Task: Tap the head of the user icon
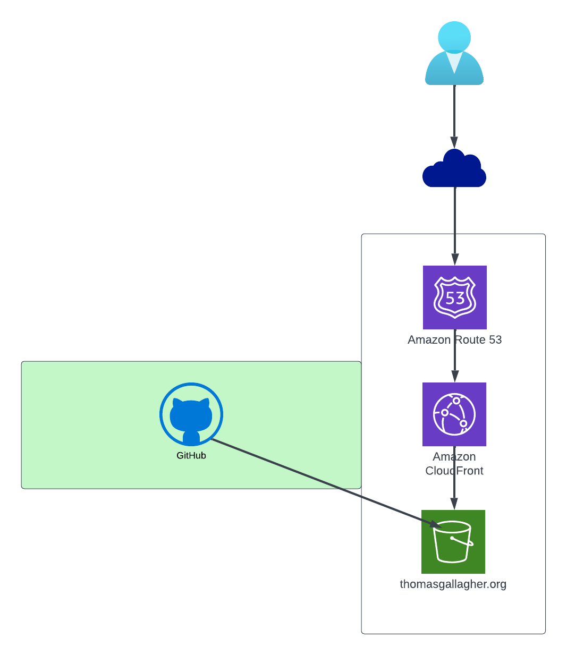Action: [x=454, y=37]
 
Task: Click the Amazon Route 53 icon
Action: [x=455, y=297]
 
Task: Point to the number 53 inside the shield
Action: [x=455, y=298]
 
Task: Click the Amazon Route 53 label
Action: [x=454, y=340]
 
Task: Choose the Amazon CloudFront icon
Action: [x=454, y=414]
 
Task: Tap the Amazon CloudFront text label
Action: [x=454, y=464]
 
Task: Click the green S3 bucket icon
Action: [x=453, y=542]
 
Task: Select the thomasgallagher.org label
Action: [x=453, y=584]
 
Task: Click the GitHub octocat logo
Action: [x=191, y=414]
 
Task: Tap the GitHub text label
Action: [x=191, y=456]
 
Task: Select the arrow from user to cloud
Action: [x=454, y=114]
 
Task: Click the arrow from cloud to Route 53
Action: [x=455, y=223]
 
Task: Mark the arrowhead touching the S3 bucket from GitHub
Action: [x=436, y=525]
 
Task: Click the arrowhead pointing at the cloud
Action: [x=454, y=143]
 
